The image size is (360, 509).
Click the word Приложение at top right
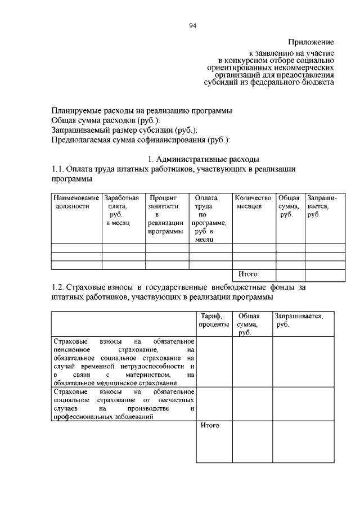(x=311, y=42)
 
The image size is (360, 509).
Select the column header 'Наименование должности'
(x=76, y=202)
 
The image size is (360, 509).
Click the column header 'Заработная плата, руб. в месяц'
(x=123, y=210)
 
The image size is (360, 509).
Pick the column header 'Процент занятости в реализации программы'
(x=166, y=215)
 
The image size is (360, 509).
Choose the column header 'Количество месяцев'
(x=253, y=202)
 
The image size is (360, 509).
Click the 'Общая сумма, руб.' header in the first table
(x=289, y=206)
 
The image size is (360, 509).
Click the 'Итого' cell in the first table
(x=248, y=274)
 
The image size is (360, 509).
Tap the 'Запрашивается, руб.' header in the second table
(x=299, y=321)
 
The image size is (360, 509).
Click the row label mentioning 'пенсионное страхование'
(x=124, y=362)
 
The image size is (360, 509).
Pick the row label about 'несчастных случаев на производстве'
(x=124, y=404)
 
